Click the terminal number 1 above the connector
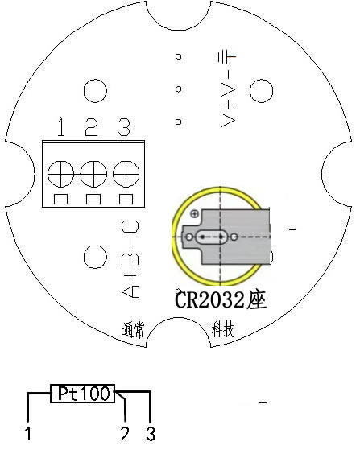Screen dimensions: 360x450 [61, 126]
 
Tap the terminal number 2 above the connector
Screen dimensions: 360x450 [92, 126]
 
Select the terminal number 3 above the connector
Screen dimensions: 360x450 [124, 127]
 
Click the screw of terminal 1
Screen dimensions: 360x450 [60, 174]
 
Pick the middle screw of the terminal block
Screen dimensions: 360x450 [93, 174]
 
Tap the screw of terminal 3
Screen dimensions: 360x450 [126, 174]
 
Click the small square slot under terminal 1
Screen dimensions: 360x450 [61, 199]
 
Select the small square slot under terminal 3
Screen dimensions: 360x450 [126, 199]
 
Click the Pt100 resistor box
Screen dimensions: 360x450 [83, 394]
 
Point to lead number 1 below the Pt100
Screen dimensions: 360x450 [28, 433]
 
